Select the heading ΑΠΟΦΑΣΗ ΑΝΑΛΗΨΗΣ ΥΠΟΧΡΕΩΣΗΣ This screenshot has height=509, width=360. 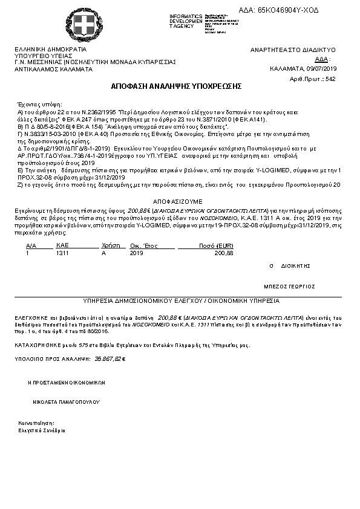pyautogui.click(x=176, y=87)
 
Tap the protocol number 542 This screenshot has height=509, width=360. pyautogui.click(x=330, y=79)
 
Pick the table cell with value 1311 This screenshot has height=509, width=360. pyautogui.click(x=62, y=253)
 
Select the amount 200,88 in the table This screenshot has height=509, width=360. pyautogui.click(x=224, y=253)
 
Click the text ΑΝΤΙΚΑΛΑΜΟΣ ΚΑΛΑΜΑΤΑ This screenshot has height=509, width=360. pyautogui.click(x=53, y=69)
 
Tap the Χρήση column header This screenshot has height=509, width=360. pyautogui.click(x=109, y=246)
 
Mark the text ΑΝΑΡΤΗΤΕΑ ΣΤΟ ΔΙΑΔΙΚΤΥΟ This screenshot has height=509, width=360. pyautogui.click(x=293, y=50)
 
